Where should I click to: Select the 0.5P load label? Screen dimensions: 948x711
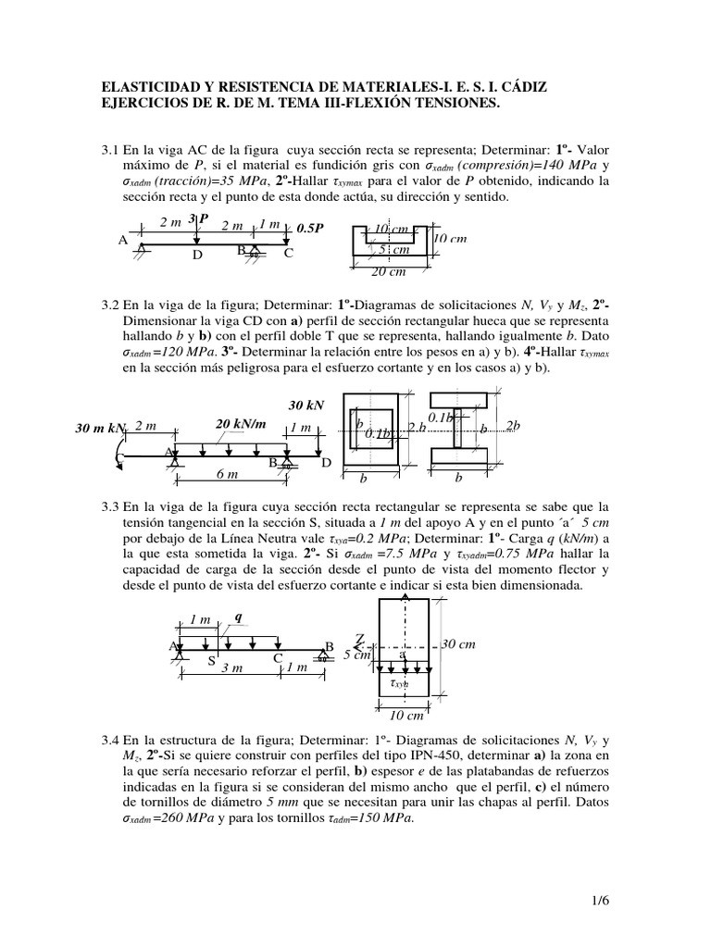point(310,227)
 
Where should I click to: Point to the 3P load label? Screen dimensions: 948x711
point(198,218)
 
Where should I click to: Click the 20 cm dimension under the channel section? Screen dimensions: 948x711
point(389,271)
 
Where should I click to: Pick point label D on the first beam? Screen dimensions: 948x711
point(197,255)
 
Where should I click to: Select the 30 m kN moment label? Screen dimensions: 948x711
point(100,429)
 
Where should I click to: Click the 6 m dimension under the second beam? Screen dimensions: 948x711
point(228,473)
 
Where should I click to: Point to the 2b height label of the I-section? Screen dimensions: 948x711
point(512,426)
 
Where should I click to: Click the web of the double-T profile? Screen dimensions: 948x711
point(457,433)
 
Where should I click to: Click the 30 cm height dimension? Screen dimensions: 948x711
point(458,644)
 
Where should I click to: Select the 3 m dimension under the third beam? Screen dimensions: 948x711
point(231,668)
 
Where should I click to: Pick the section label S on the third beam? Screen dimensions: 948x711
point(210,661)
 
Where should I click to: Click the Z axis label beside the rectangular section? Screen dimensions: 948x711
point(360,639)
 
